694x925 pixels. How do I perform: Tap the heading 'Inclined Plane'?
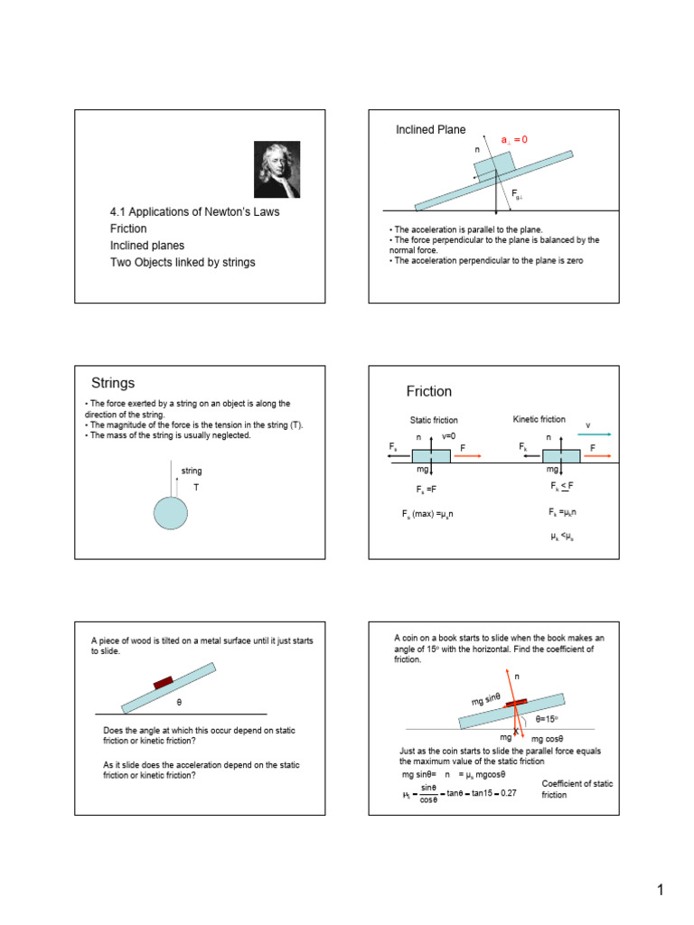click(x=431, y=131)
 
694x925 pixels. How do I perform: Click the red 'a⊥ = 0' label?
click(x=513, y=140)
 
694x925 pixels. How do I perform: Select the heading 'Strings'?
click(x=113, y=383)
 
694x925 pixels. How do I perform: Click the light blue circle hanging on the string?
click(x=171, y=512)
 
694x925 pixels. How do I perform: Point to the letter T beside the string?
click(x=196, y=487)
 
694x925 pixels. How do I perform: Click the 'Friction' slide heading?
click(x=429, y=391)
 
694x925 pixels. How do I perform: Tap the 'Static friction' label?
click(x=434, y=420)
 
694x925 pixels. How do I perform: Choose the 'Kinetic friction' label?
click(x=539, y=419)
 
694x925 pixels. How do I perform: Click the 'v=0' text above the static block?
click(x=449, y=435)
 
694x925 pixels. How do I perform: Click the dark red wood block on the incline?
click(x=164, y=683)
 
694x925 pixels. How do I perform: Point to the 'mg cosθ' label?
click(x=549, y=740)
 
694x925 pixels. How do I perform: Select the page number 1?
click(x=661, y=891)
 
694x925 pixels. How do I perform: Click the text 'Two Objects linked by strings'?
click(x=183, y=263)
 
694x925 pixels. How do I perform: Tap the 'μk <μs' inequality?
click(x=562, y=536)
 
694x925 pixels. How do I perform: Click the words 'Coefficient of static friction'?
click(x=576, y=790)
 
